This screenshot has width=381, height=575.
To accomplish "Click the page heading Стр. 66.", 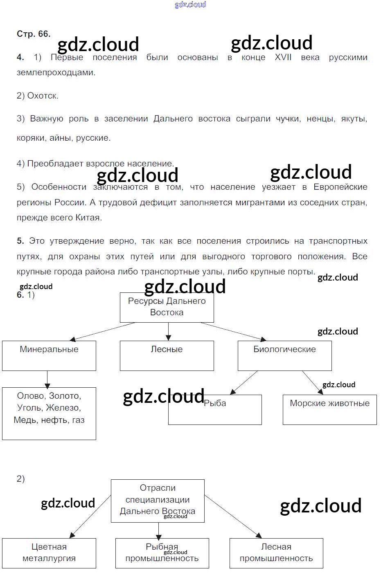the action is click(x=34, y=34).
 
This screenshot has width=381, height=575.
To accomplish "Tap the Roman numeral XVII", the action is click(x=283, y=57).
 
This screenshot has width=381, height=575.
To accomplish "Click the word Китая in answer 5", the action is click(x=88, y=218).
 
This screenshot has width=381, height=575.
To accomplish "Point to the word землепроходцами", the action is click(x=56, y=73).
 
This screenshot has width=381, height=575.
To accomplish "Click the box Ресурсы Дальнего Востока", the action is click(x=167, y=307).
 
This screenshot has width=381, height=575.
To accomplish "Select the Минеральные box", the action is click(x=49, y=355).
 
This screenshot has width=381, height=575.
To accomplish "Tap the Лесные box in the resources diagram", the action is click(x=167, y=355).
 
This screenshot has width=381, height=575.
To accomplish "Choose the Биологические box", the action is click(x=285, y=355).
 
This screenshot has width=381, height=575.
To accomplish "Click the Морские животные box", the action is click(x=329, y=410).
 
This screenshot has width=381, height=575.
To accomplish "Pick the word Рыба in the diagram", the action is click(x=215, y=403).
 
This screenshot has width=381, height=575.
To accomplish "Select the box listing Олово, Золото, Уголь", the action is click(x=49, y=413).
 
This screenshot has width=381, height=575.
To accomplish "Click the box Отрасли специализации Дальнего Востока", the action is click(x=158, y=501).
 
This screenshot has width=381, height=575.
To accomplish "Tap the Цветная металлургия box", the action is click(x=49, y=553).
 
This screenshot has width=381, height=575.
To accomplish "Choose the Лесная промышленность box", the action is click(x=276, y=553).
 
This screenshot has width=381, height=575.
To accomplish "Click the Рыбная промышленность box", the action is click(x=162, y=553).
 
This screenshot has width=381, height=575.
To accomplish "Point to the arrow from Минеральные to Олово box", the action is click(x=47, y=379).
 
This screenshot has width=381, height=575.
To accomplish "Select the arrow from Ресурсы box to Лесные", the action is click(x=168, y=331).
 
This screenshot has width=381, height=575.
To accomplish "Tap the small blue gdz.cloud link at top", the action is click(x=190, y=4).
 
